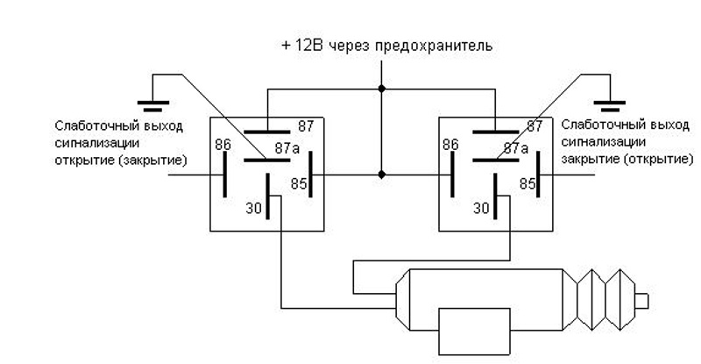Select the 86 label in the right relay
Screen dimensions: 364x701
(450, 144)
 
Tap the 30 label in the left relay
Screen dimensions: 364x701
(255, 209)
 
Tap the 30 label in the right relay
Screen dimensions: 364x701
(482, 209)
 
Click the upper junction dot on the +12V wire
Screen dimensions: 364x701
(381, 89)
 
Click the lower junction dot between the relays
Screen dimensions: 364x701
(381, 175)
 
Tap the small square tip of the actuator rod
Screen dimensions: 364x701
(641, 302)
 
